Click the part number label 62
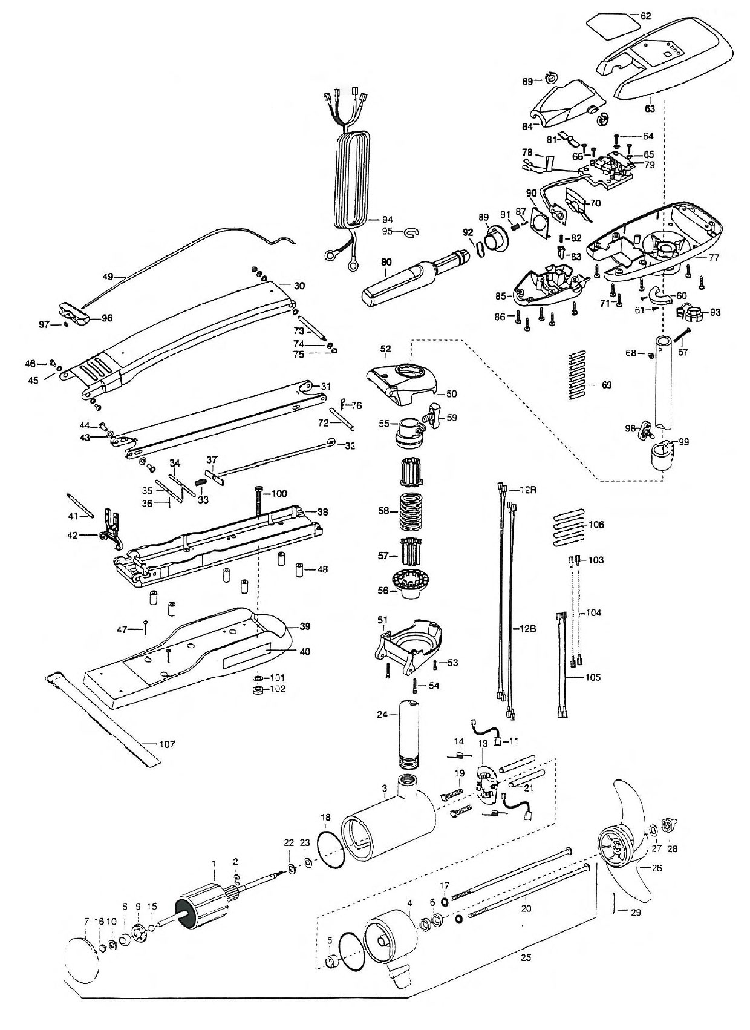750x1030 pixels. point(646,16)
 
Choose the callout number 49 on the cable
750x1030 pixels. point(108,277)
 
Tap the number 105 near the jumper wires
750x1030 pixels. point(592,677)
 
